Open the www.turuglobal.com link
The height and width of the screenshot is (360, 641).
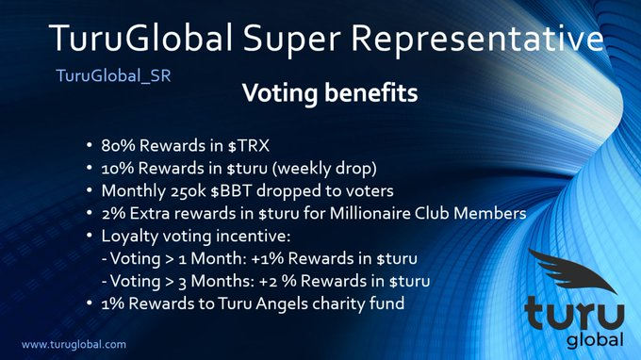pyautogui.click(x=74, y=345)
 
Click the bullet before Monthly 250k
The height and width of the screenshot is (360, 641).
pyautogui.click(x=89, y=191)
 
